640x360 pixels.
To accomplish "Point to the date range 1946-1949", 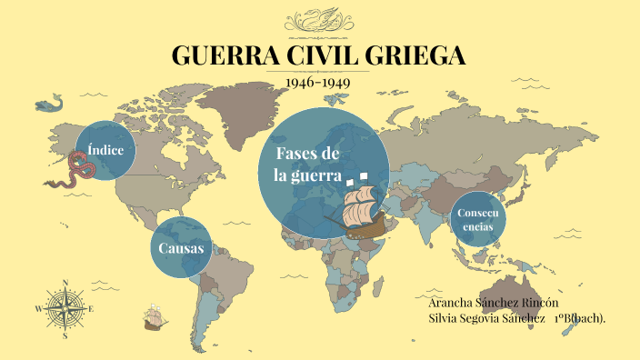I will pyautogui.click(x=318, y=82).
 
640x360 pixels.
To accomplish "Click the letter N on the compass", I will pyautogui.click(x=65, y=281).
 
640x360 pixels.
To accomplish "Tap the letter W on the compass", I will pyautogui.click(x=38, y=308).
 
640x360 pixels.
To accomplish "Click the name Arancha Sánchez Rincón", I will pyautogui.click(x=493, y=302).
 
